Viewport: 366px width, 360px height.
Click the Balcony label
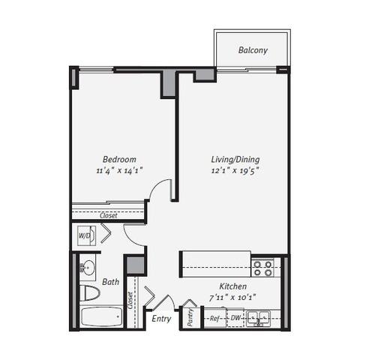[x=253, y=50]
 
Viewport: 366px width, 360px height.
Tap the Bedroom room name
[x=119, y=159]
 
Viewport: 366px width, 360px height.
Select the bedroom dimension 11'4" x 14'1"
[x=119, y=171]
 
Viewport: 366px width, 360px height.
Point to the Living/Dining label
[x=235, y=160]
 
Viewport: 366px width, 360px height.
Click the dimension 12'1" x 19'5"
[x=235, y=171]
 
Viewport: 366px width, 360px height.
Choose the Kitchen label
[x=233, y=286]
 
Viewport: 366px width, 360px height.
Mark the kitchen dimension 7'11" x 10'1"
[x=232, y=298]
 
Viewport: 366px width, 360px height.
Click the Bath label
[x=110, y=282]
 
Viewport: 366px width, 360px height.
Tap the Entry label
[x=161, y=319]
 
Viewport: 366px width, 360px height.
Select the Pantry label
[x=190, y=317]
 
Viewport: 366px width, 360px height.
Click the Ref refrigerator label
[x=214, y=318]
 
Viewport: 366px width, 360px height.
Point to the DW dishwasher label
[x=235, y=318]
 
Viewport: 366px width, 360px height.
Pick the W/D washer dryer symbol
[x=86, y=235]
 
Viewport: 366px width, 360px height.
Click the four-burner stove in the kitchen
[x=262, y=268]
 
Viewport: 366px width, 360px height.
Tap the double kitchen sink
[x=258, y=319]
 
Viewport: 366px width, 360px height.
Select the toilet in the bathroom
[x=90, y=293]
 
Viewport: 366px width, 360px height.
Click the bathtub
[x=101, y=316]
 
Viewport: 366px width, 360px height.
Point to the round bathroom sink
[x=88, y=268]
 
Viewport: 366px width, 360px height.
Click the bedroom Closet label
[x=108, y=215]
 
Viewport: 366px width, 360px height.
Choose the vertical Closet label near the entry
[x=130, y=300]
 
